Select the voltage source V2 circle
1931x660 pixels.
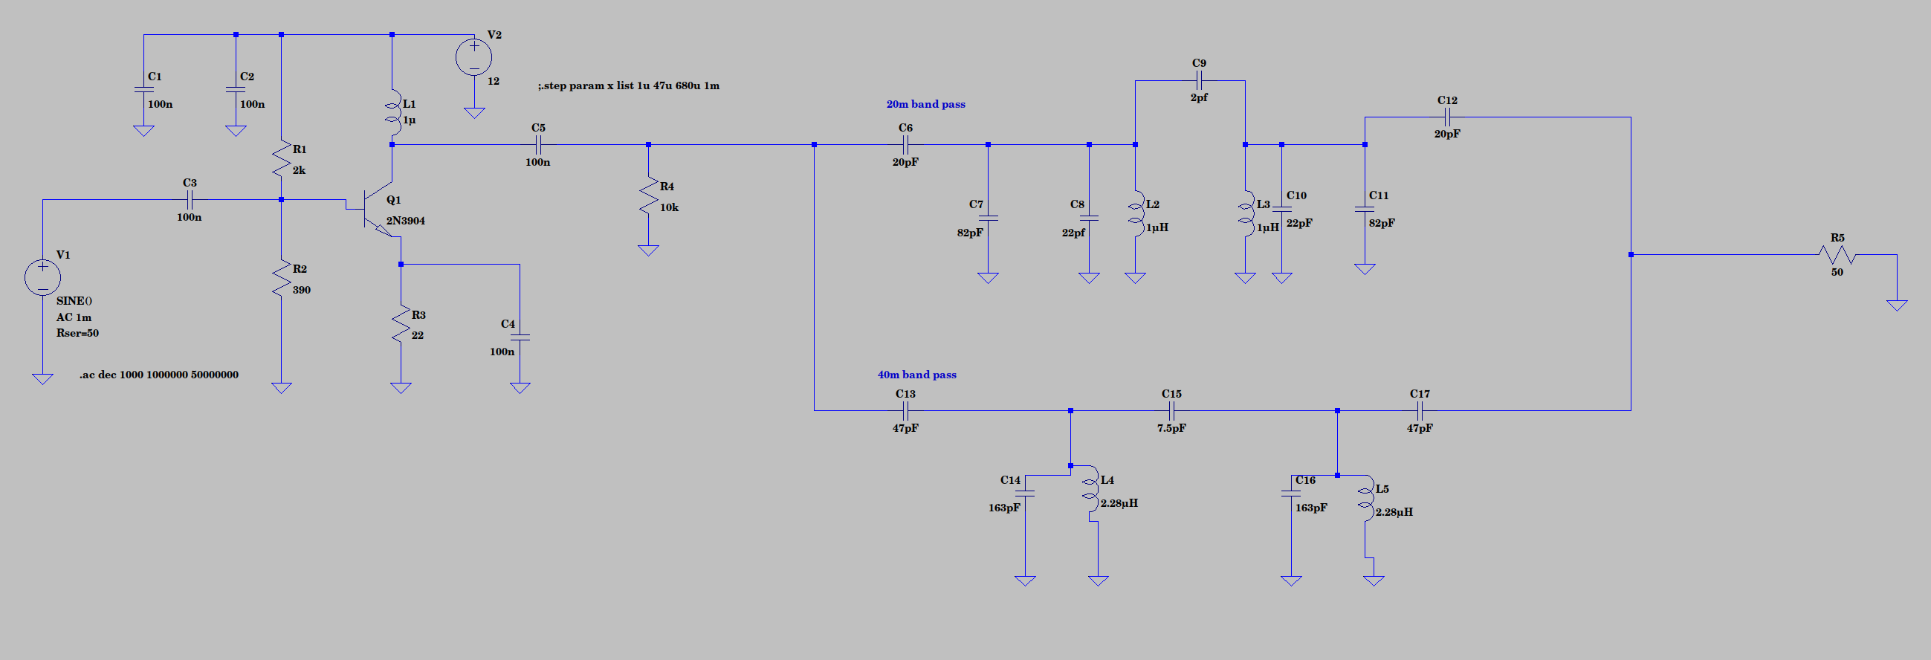coord(473,57)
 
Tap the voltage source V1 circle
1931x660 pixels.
coord(42,277)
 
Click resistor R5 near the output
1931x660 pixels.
coord(1837,255)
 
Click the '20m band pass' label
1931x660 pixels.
coord(925,104)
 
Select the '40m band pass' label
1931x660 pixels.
coord(916,375)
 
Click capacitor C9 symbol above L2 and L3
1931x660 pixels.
coord(1198,81)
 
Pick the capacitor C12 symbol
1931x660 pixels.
coord(1446,117)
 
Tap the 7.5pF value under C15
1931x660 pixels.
coord(1171,428)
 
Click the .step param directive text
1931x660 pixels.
coord(628,85)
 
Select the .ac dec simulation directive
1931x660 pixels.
coord(159,375)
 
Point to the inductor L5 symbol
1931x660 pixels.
coord(1366,502)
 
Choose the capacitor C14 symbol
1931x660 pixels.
coord(1025,494)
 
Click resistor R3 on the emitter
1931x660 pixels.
coord(401,324)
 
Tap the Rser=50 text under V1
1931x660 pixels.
coord(77,333)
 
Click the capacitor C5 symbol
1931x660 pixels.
coord(537,145)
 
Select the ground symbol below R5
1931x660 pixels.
coord(1897,305)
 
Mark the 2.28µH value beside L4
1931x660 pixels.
coord(1119,503)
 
